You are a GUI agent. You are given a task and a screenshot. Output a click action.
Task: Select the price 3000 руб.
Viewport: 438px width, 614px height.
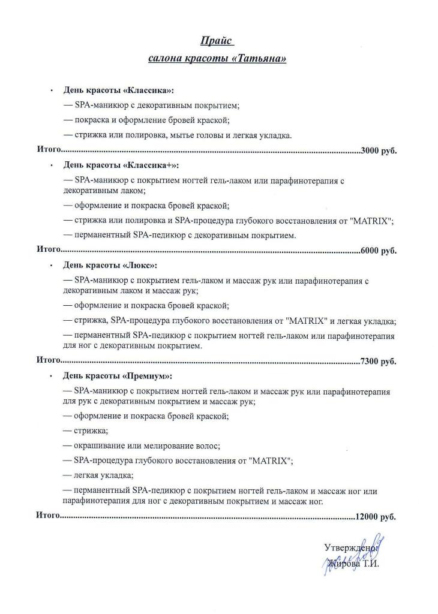point(379,151)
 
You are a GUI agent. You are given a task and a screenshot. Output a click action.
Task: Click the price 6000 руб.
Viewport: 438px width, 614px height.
point(379,251)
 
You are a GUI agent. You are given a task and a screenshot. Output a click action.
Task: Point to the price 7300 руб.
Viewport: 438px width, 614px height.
point(379,361)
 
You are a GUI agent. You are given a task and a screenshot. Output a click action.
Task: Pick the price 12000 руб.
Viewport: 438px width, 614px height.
point(376,516)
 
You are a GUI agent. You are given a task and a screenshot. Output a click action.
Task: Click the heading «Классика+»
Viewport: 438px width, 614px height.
point(151,165)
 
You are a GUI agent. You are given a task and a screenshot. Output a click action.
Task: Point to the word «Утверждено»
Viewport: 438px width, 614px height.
point(349,547)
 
